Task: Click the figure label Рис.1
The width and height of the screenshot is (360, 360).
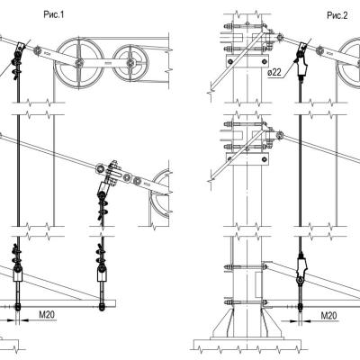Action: click(54, 14)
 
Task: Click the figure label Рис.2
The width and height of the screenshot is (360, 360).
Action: click(337, 15)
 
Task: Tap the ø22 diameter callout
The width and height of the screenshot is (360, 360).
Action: click(275, 72)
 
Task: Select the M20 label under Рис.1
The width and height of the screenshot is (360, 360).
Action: click(47, 314)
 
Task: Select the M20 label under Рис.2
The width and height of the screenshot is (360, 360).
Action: click(328, 315)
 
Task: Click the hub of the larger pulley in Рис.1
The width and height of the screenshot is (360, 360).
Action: click(79, 63)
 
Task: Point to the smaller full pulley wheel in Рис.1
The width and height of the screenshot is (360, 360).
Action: click(130, 63)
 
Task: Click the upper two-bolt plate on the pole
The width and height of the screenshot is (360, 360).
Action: click(247, 61)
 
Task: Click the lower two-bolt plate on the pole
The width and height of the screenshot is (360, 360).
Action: click(247, 158)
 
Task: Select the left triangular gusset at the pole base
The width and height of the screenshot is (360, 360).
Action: click(223, 323)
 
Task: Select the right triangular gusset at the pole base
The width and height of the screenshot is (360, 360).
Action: click(271, 323)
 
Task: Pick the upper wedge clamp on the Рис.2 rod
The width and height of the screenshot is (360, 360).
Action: click(301, 64)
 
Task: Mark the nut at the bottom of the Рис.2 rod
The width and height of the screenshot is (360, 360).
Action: click(301, 306)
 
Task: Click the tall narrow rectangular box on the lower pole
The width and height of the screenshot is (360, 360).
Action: click(258, 284)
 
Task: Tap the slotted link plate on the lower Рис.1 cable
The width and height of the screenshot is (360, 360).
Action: click(113, 174)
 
